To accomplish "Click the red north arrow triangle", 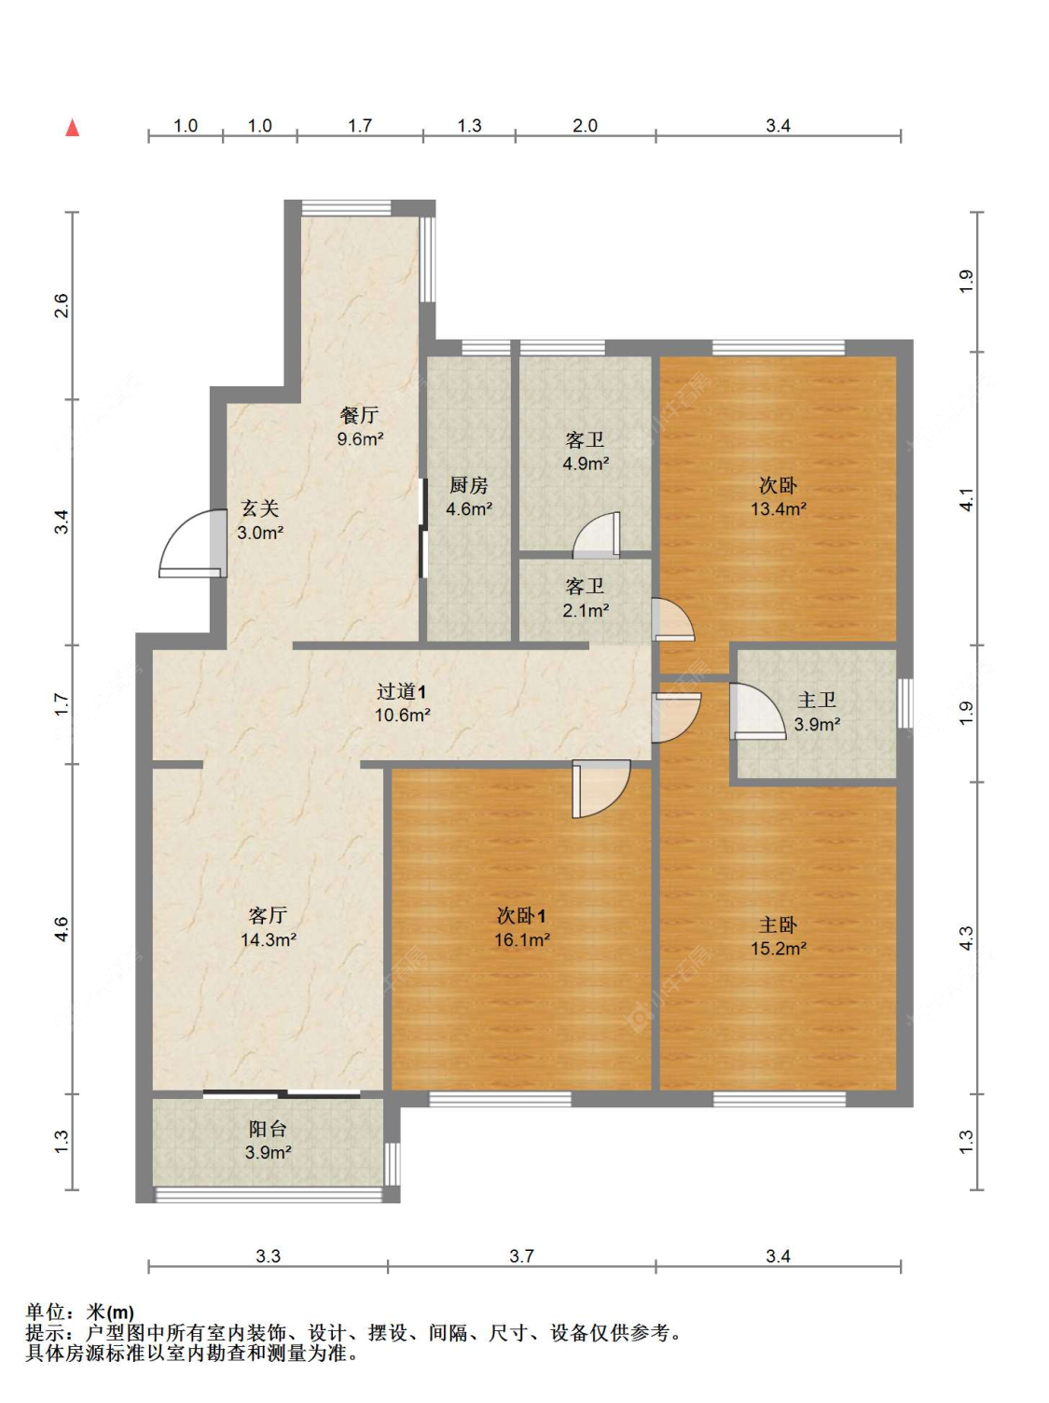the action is point(72,128).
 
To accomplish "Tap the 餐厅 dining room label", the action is point(359,415).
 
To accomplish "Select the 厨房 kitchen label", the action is point(468,485).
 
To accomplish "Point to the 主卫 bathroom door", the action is point(757,712).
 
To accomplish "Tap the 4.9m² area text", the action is point(586,464).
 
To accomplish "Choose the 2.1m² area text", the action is point(586,610).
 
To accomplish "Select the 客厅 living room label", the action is point(267,915).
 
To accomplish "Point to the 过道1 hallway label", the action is point(401,691).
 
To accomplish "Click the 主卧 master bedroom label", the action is point(778,924).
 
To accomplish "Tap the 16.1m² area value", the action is point(521,939).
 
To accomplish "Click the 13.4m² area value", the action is point(778,508).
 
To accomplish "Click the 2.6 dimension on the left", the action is point(62,305).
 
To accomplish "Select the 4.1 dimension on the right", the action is point(967,499).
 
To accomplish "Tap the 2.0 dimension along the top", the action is point(585,125).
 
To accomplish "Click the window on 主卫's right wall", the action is point(905,703).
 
